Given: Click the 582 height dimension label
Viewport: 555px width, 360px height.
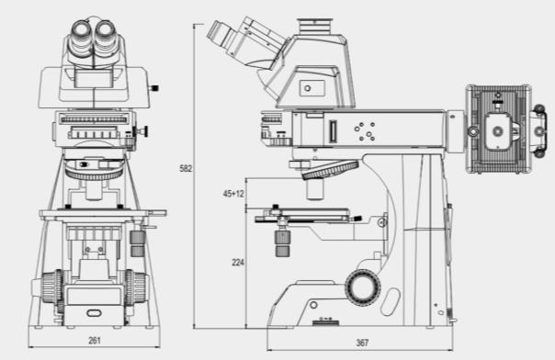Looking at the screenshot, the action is [186, 168].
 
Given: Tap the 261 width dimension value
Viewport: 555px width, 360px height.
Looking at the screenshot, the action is [94, 341].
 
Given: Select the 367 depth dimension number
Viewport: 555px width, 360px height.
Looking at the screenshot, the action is [362, 343].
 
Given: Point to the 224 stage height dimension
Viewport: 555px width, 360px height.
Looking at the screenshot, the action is [238, 263].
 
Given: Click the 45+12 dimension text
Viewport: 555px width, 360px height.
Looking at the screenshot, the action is [233, 194].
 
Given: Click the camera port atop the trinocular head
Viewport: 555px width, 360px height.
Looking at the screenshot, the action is [314, 27].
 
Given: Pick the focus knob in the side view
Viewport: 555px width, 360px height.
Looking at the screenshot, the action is [363, 287].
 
